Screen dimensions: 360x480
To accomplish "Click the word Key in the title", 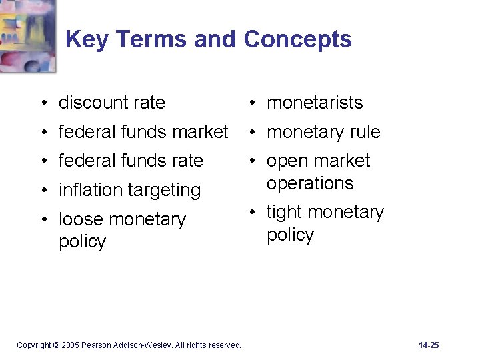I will tap(86, 40).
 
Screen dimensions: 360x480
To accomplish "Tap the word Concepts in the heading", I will tap(297, 40).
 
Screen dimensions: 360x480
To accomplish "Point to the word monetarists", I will tap(315, 103).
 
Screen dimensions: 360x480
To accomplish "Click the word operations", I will tap(310, 183).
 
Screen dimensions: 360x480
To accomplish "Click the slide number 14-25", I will tap(429, 345).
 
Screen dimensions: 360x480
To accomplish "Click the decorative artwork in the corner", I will tap(27, 34).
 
